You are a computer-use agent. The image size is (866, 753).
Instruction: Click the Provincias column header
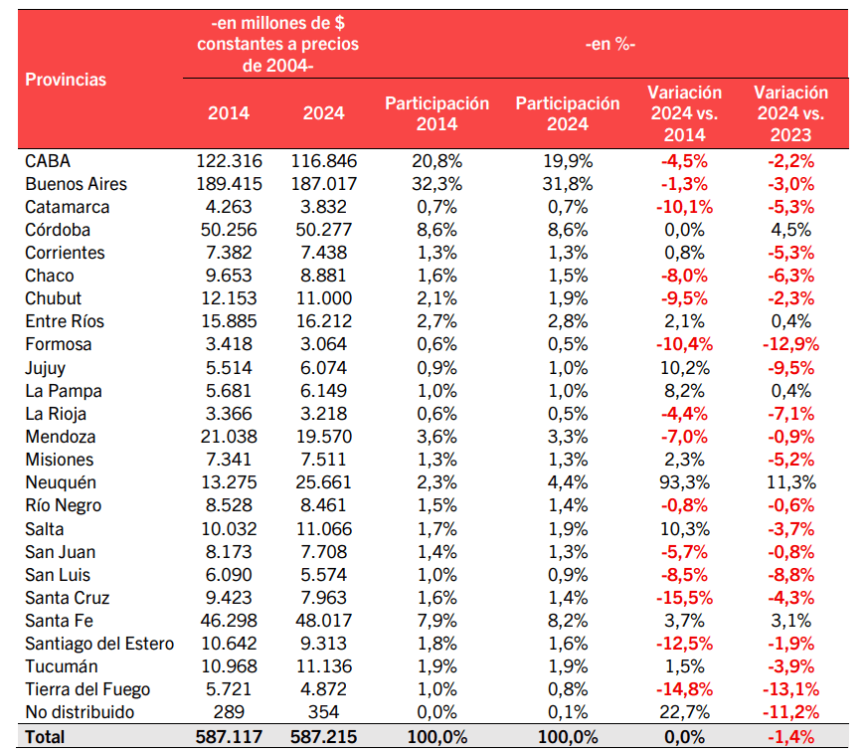(66, 79)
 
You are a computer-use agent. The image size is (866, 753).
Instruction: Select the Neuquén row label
(61, 482)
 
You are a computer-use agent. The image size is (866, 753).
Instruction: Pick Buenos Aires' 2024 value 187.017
(323, 184)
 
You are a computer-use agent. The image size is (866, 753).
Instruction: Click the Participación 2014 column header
(437, 113)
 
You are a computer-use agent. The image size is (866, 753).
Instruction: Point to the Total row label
(45, 736)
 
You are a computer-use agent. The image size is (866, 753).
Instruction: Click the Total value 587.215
(323, 736)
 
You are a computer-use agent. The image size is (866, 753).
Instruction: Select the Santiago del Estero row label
(99, 644)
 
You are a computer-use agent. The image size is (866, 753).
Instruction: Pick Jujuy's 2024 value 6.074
(323, 368)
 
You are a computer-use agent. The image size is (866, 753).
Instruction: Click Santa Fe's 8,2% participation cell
(568, 621)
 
